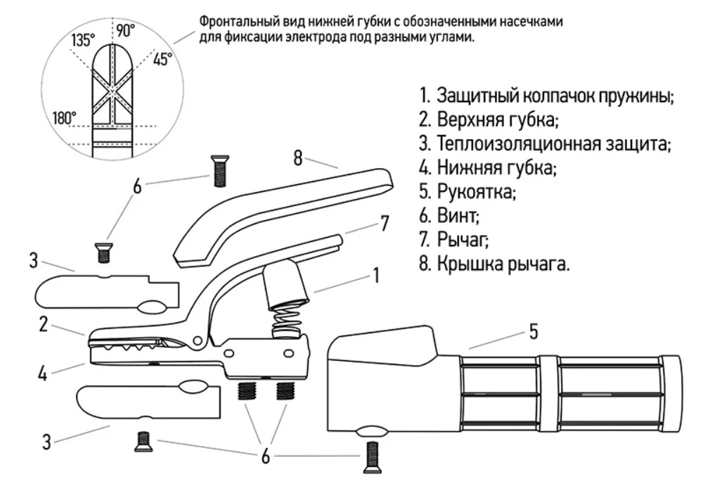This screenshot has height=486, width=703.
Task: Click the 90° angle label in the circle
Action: click(126, 30)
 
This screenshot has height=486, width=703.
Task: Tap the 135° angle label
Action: click(83, 40)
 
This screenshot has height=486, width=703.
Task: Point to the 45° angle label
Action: click(162, 59)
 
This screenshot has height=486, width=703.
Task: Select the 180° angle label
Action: click(65, 118)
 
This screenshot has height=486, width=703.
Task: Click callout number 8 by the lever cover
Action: click(298, 158)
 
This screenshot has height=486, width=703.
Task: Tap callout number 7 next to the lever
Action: click(385, 224)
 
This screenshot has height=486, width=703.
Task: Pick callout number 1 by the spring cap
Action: click(377, 275)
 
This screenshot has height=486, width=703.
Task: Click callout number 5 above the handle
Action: click(533, 332)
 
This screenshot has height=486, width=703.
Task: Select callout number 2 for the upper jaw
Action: click(43, 324)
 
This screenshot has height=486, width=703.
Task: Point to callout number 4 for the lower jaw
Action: click(43, 373)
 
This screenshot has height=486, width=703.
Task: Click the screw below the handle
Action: click(372, 457)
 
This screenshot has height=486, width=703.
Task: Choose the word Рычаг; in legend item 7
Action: click(463, 240)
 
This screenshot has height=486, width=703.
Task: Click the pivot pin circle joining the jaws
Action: click(198, 342)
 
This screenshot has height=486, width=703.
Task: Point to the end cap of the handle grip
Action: click(671, 394)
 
